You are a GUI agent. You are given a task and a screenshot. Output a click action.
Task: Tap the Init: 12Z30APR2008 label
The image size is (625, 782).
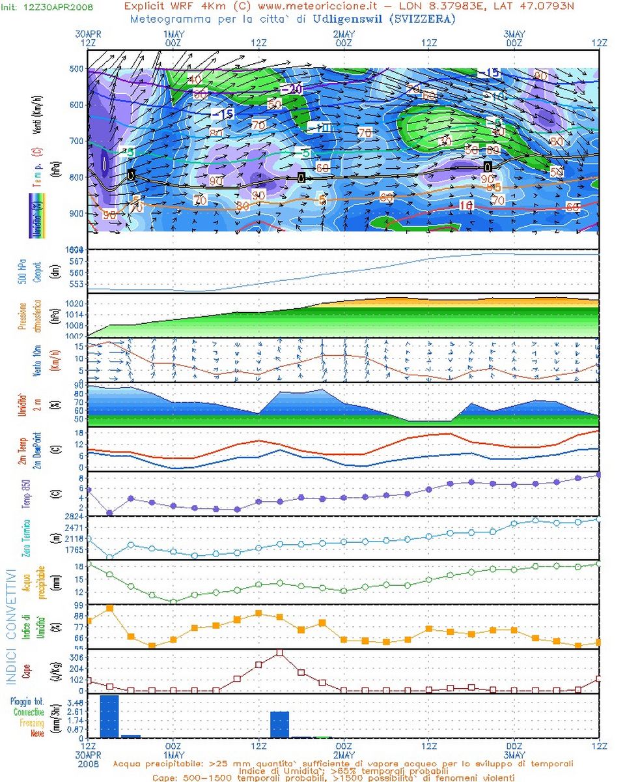coord(47,7)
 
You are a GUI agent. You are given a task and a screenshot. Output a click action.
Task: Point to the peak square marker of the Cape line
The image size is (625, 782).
coord(280,652)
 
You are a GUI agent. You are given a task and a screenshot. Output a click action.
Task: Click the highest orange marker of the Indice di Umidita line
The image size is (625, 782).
coord(109,608)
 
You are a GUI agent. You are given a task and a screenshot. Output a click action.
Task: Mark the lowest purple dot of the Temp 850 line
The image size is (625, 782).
coord(109,513)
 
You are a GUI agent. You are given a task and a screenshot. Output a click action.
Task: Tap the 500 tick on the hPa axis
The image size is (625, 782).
coord(77,68)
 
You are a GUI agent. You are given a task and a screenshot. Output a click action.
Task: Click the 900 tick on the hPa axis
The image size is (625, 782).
coord(77,214)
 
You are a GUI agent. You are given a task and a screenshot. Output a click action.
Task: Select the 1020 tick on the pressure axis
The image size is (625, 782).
coord(74,304)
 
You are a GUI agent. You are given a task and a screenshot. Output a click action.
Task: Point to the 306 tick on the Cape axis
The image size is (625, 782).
coord(76,658)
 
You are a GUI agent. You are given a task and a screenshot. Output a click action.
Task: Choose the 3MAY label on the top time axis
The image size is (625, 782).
coord(514,33)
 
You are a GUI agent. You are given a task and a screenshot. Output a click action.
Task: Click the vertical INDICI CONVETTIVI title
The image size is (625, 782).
coord(10,627)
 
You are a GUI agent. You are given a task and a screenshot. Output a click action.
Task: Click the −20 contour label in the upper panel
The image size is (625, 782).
coord(292,89)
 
